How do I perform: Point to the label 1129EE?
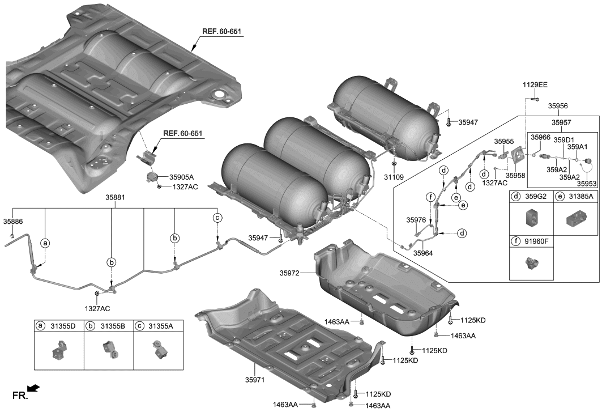tap(535, 84)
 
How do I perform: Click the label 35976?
tap(416, 219)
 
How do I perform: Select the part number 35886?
tap(13, 221)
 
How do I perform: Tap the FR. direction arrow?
tap(34, 388)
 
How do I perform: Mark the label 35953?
tap(586, 183)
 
